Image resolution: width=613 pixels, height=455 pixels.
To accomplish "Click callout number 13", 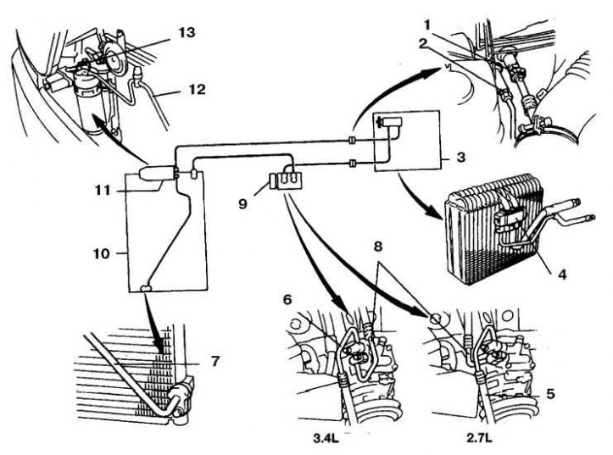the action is pos(187,32).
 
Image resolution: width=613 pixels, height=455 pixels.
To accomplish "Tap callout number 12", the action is pos(197,90).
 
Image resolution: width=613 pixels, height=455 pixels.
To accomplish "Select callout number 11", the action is pos(103,191).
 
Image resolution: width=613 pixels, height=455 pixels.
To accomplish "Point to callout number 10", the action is pos(101,253).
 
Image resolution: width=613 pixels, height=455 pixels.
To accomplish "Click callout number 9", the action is pos(242,203).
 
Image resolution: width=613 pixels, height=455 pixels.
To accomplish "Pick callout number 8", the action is pos(378,247).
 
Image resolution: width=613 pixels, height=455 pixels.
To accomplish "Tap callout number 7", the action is pos(215,361).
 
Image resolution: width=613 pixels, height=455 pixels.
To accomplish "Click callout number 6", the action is pos(287,300).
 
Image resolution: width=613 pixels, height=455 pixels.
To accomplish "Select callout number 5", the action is pos(550,394).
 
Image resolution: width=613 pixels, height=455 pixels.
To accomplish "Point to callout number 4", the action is pos(562,275).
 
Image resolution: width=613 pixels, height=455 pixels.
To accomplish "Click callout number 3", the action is pos(461,157).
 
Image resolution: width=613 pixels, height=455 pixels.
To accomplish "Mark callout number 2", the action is pos(422,43).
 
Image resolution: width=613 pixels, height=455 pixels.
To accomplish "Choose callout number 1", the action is pos(427,25).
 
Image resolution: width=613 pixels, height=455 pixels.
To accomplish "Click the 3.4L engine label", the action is pos(326,438).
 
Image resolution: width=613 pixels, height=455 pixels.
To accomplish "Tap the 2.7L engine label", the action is pos(479,438).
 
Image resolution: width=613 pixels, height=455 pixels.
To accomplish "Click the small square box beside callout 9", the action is pos(272,182).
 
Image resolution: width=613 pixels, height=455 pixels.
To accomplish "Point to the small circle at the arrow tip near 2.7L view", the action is pos(435,319).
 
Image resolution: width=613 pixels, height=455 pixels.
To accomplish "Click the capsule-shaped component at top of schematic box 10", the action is pos(156,173).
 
